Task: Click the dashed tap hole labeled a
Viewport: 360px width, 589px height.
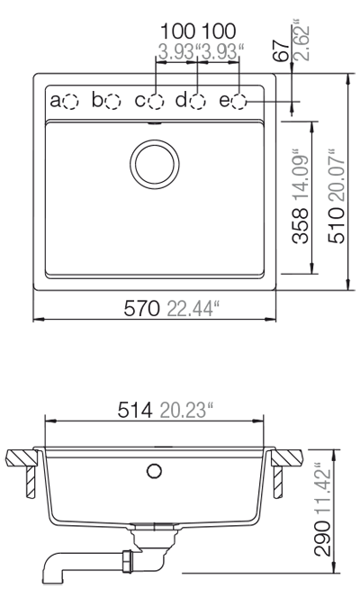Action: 71,101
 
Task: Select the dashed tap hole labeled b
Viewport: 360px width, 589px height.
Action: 112,101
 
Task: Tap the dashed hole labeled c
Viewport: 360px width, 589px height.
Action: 156,101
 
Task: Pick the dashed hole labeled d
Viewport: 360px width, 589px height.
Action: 197,101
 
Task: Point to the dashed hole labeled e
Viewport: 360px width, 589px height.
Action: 239,101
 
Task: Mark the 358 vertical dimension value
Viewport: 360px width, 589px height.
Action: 301,226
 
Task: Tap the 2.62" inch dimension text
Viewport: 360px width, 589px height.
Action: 297,38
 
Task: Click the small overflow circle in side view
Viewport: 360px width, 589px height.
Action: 154,471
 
